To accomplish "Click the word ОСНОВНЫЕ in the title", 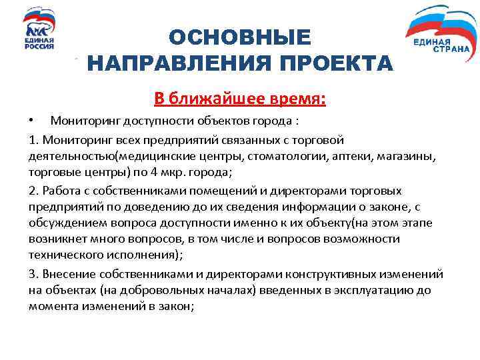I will (x=239, y=38).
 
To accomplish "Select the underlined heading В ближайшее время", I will (x=240, y=99).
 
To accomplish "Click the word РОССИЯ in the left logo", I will (x=39, y=47).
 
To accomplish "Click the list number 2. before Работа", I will (x=35, y=190).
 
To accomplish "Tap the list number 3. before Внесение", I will (x=35, y=274).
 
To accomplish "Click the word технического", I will (x=63, y=255).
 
